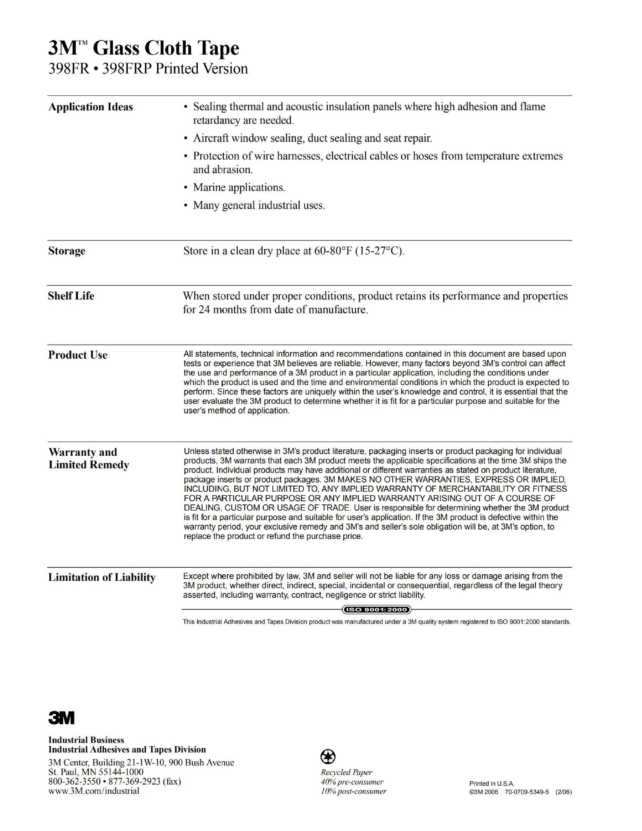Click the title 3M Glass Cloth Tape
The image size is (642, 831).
click(x=143, y=48)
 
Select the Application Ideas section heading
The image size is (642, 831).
click(x=90, y=107)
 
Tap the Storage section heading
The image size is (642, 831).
click(x=67, y=251)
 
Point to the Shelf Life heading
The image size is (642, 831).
click(x=71, y=296)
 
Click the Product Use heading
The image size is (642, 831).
click(x=78, y=355)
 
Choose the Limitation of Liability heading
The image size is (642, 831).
click(x=102, y=577)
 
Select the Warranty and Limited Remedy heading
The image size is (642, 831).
click(x=89, y=458)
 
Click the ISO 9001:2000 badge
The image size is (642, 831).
click(x=376, y=610)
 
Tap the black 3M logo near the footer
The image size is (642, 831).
click(x=61, y=718)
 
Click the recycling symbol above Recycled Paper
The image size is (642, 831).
click(x=328, y=757)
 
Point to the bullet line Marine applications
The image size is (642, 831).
click(x=239, y=187)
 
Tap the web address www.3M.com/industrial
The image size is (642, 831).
click(x=94, y=791)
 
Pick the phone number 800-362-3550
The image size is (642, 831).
click(x=74, y=781)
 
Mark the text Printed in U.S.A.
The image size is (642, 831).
click(x=492, y=783)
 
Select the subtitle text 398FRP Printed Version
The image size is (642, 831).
click(x=175, y=69)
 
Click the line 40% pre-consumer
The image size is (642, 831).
click(x=352, y=782)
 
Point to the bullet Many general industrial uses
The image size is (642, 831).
click(x=259, y=205)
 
